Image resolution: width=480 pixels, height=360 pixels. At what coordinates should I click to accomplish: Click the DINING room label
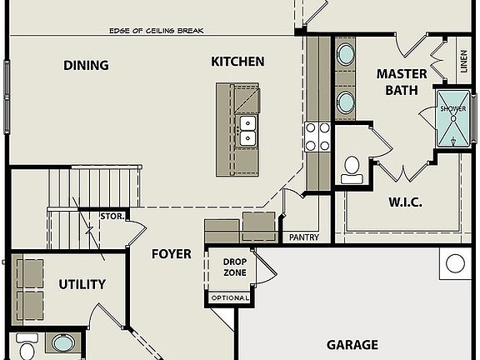pos(86,65)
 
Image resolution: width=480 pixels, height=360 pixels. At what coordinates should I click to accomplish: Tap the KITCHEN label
pos(237,62)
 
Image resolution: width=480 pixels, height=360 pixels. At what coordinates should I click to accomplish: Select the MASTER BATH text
pos(402,82)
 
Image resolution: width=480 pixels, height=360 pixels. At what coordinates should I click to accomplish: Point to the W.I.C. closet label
pos(406,202)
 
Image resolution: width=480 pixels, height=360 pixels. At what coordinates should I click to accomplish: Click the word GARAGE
pos(352,345)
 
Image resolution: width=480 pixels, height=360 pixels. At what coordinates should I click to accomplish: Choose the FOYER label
pos(172,254)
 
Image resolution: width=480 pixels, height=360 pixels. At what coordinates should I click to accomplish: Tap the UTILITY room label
pos(82,284)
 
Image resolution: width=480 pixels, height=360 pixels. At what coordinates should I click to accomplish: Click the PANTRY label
pos(304,237)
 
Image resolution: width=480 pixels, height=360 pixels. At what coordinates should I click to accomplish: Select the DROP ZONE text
pos(235,267)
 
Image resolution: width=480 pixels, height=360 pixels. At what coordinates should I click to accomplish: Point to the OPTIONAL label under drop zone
pos(230,297)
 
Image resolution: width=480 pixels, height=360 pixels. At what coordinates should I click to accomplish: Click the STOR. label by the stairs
pos(112,217)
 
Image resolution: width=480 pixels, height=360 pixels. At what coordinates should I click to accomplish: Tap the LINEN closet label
pos(464,61)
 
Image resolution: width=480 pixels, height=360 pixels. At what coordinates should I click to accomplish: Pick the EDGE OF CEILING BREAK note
pos(157,31)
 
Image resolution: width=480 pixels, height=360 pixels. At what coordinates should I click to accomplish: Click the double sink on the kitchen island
pos(247,131)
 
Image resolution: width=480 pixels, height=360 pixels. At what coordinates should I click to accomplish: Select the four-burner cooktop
pos(317,137)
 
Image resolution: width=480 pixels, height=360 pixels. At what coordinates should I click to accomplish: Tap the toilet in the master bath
pos(352,170)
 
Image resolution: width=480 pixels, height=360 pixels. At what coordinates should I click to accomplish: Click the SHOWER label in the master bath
pos(453,108)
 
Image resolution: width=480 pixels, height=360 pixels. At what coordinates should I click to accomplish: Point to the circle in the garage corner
pos(455,263)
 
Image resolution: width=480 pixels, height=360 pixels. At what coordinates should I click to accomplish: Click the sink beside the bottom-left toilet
pos(63,342)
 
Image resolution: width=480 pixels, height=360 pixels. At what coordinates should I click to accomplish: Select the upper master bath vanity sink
pos(346,54)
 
